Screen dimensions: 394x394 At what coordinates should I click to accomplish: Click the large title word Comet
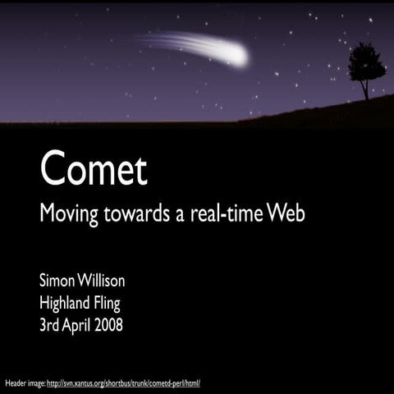tap(94, 169)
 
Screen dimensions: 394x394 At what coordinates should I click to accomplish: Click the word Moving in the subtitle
tap(69, 216)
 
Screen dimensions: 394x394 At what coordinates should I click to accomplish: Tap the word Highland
tap(66, 304)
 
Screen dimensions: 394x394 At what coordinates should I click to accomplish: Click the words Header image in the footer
tap(25, 383)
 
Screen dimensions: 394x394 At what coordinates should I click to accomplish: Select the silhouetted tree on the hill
tap(366, 71)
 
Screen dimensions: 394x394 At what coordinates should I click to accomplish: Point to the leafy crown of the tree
tap(366, 62)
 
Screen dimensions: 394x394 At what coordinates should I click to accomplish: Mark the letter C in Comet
tap(53, 169)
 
